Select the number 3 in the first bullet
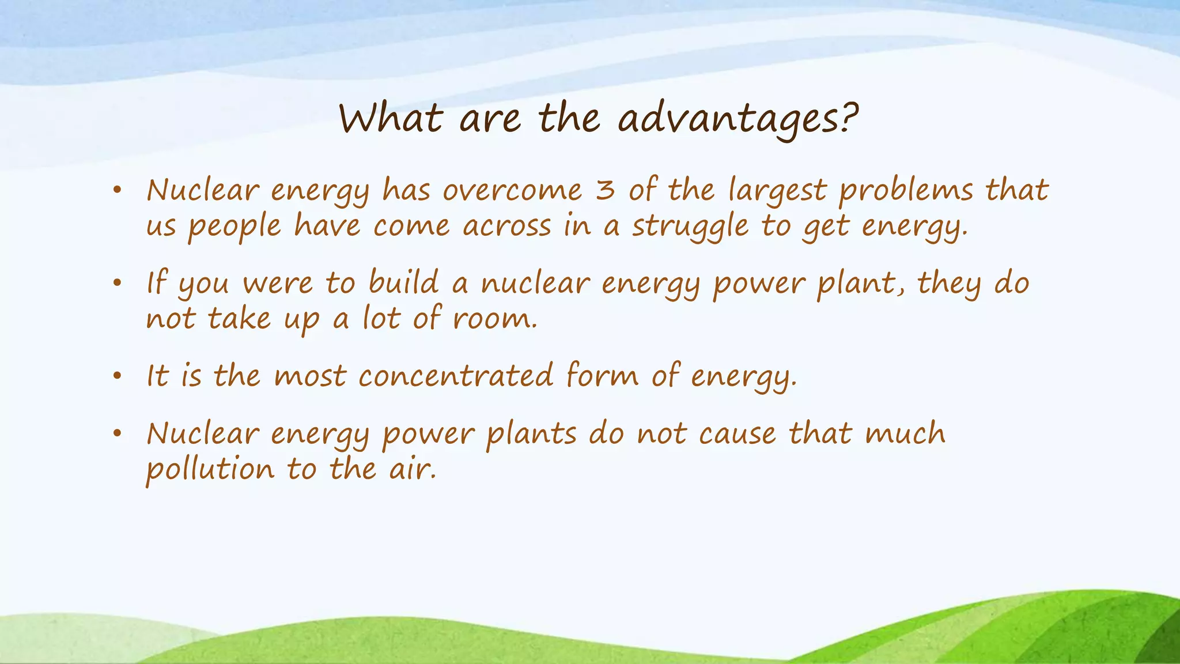coord(605,190)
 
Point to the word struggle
coord(690,226)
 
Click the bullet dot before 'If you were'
coord(118,283)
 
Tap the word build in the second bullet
coord(403,283)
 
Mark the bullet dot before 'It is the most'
coord(118,376)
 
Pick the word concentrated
coord(456,376)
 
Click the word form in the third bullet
coord(602,376)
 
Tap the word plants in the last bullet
coord(531,434)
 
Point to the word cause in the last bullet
coord(737,434)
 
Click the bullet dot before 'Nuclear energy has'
coord(118,190)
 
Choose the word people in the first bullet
coord(235,226)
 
